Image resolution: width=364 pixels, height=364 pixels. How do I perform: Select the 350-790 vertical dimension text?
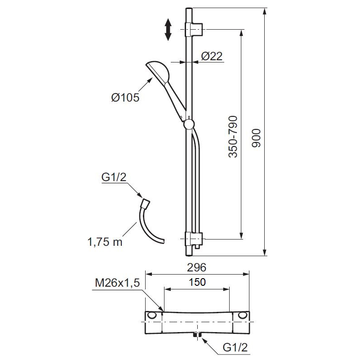[233, 137]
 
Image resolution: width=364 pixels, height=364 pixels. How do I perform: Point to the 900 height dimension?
[256, 137]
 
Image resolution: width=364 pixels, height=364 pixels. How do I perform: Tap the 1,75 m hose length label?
[105, 242]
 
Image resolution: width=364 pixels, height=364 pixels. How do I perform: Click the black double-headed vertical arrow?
[168, 30]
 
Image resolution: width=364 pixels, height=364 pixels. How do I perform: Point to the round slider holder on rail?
[189, 124]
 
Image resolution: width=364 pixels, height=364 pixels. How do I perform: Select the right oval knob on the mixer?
[243, 315]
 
